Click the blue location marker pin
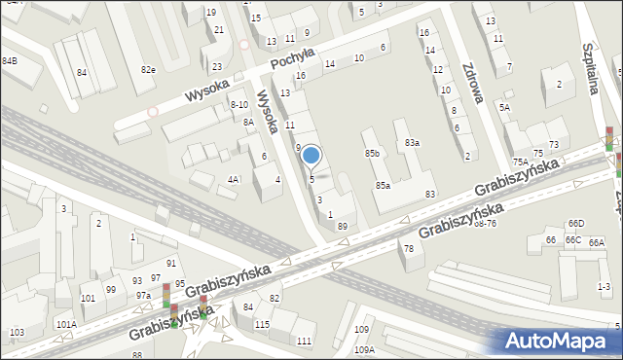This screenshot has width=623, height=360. (x=311, y=156)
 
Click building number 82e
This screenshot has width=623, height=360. (x=148, y=70)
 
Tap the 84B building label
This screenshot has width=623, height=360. (x=10, y=61)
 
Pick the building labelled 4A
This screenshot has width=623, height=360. (x=234, y=179)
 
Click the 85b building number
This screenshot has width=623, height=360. (x=372, y=154)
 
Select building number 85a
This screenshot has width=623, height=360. (x=383, y=186)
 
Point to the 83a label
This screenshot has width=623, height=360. (x=413, y=143)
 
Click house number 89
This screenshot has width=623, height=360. (x=343, y=226)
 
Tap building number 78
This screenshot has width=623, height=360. (x=409, y=249)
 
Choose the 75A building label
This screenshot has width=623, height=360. (x=522, y=162)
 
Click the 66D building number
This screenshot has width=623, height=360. (x=576, y=224)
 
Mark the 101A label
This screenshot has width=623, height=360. (x=65, y=324)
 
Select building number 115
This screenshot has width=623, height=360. (x=261, y=323)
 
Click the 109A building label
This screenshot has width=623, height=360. (x=364, y=349)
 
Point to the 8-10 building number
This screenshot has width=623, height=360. (x=238, y=104)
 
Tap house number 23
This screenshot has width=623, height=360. (x=216, y=66)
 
